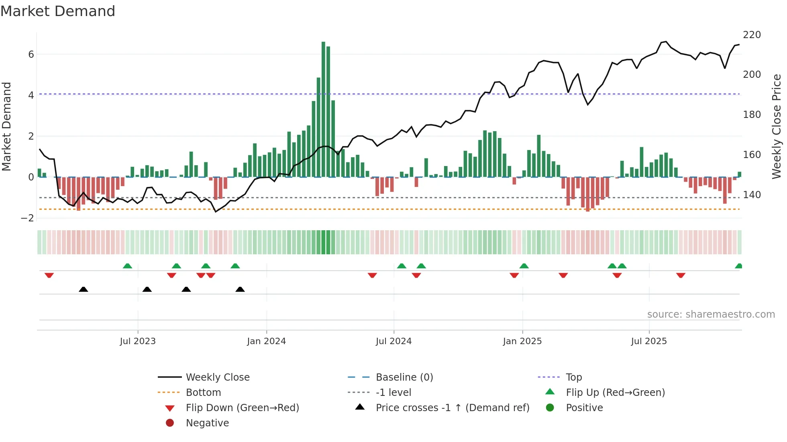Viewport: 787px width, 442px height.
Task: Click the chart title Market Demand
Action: (x=58, y=11)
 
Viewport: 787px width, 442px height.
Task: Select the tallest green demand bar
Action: (x=323, y=109)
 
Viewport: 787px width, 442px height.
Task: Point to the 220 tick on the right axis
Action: (x=752, y=35)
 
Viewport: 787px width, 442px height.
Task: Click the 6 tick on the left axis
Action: (x=31, y=55)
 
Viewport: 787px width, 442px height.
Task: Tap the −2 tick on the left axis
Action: (x=28, y=218)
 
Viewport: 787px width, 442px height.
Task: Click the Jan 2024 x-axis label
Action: (x=266, y=341)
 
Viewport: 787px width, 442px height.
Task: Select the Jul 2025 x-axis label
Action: (x=648, y=341)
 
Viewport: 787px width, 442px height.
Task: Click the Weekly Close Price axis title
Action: (x=777, y=126)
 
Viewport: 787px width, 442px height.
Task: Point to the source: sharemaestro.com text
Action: (x=711, y=314)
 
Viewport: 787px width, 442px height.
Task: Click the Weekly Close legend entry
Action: (x=218, y=377)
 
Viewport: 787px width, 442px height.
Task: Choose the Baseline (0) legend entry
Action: (x=404, y=377)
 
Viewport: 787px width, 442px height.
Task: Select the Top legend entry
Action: (x=573, y=377)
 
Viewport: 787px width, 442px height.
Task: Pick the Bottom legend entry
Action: (x=203, y=393)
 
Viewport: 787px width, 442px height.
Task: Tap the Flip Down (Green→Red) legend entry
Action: (x=242, y=408)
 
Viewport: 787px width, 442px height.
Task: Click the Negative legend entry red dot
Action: (x=170, y=423)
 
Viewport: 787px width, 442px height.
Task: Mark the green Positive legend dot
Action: (x=550, y=408)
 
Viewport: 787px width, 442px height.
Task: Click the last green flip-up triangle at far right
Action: (x=738, y=266)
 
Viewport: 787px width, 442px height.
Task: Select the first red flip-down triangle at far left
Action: (x=49, y=275)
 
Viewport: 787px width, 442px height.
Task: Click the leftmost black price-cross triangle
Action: (x=83, y=289)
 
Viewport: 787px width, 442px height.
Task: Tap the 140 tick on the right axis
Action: (x=752, y=195)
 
